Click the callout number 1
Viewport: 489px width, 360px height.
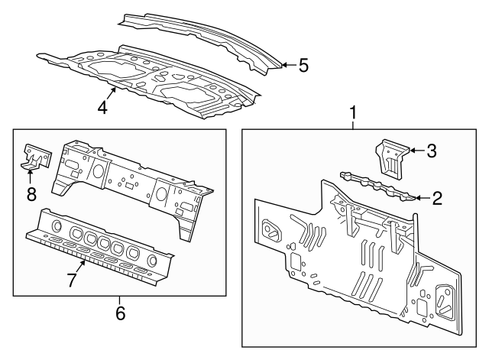point(353,112)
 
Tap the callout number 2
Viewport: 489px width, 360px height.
point(437,198)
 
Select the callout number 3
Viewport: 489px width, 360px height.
point(431,151)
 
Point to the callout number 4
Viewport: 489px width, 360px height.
point(102,108)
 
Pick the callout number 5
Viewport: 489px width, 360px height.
point(303,66)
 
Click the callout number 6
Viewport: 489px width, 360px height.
point(121,313)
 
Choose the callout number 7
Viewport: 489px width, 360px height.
point(72,280)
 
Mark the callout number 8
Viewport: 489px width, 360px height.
point(31,194)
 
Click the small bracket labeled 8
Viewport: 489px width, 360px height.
point(37,157)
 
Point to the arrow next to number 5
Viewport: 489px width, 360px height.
point(289,65)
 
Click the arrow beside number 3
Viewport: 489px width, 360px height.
point(417,151)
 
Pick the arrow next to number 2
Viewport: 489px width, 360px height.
point(423,198)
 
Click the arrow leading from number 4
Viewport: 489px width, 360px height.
point(112,94)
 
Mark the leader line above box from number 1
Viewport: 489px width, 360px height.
point(353,125)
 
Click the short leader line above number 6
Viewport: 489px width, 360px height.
point(120,300)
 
